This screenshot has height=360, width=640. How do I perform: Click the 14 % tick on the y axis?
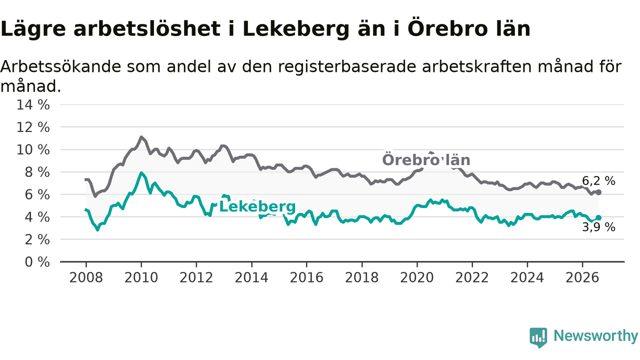coord(33,105)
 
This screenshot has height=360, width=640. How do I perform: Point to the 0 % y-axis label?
coord(37,262)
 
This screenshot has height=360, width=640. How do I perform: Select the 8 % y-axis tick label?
coord(37,172)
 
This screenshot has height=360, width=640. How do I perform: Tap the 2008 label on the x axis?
coord(86,277)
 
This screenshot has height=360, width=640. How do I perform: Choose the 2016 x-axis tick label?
coord(306,277)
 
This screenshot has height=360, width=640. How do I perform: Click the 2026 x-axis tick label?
coord(582,277)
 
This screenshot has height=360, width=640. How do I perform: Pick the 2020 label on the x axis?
coord(417,277)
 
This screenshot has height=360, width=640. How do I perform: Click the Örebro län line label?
coord(426,160)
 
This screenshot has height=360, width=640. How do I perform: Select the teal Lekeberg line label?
coord(257,206)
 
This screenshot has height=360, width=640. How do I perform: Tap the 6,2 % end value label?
coord(599,181)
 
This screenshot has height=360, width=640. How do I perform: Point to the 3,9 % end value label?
coord(599,227)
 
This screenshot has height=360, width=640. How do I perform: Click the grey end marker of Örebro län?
coord(598,192)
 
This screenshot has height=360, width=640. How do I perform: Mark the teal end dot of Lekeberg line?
coord(598,218)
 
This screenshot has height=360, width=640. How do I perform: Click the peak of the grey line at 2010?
coord(141,137)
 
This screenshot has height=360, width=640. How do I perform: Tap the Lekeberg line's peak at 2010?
coord(141,172)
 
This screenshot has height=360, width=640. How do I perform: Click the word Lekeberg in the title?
coord(296,29)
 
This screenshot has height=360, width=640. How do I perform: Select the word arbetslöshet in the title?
coord(147,28)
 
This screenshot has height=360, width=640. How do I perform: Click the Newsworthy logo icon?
coord(538,337)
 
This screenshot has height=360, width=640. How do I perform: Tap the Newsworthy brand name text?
coord(596,335)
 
